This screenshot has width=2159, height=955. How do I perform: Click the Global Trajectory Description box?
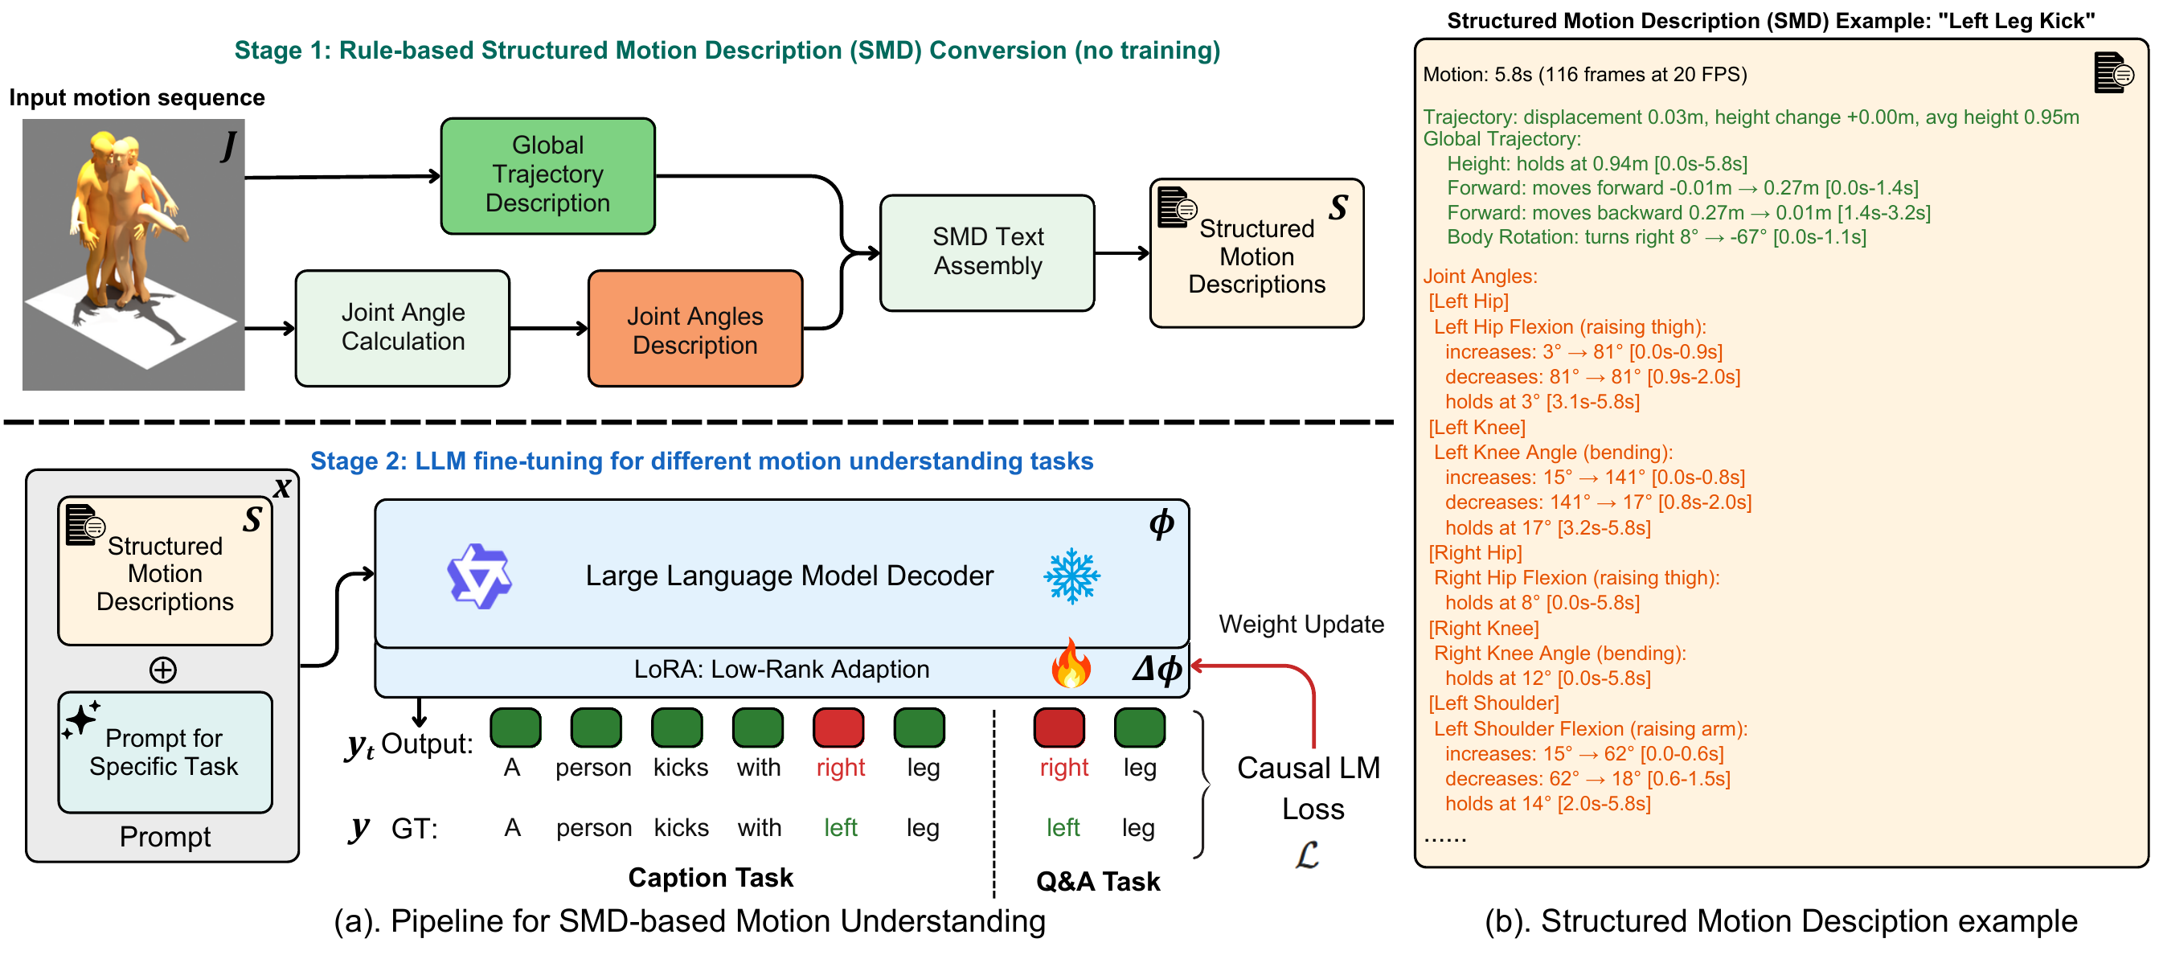point(547,175)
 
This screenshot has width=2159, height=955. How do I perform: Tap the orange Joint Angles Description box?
point(694,330)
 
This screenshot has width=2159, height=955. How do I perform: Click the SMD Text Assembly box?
point(986,252)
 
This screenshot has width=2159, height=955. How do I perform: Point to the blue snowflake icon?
point(1071,577)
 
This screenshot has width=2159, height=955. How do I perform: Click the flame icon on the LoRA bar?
point(1071,665)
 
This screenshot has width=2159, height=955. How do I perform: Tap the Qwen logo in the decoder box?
point(478,577)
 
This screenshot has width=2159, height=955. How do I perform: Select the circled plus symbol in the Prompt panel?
point(162,670)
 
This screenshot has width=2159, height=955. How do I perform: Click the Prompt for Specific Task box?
point(165,752)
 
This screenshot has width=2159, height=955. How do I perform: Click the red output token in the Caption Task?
point(838,728)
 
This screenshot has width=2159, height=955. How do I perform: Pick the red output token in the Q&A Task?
point(1059,728)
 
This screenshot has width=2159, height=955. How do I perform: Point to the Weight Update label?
point(1301,625)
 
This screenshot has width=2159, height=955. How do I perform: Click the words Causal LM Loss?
point(1309,788)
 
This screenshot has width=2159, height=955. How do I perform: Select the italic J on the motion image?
point(228,145)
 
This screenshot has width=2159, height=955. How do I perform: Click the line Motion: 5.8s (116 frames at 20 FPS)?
point(1584,75)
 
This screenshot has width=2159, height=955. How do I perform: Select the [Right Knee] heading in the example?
point(1483,628)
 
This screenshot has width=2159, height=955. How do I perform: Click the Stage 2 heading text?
point(702,461)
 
